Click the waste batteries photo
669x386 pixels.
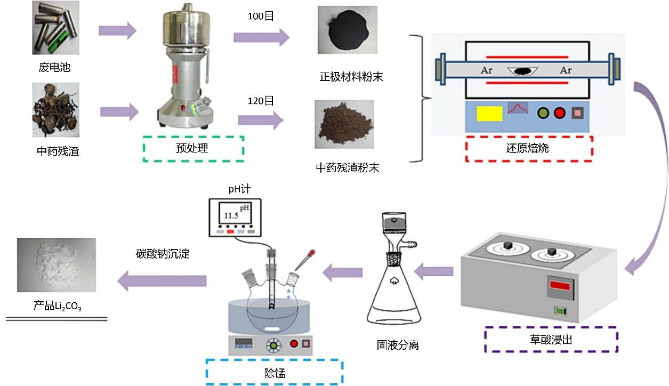[55, 27]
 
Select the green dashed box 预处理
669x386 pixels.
[194, 149]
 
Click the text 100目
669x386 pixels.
[261, 17]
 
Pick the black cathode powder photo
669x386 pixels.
[347, 30]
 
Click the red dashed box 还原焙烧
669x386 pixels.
[528, 149]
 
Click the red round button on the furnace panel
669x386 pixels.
[559, 113]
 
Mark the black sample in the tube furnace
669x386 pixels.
[523, 70]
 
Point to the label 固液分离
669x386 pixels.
[398, 345]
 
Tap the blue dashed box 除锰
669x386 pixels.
[274, 373]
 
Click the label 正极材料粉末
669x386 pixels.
[351, 77]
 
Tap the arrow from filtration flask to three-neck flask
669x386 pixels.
[344, 272]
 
